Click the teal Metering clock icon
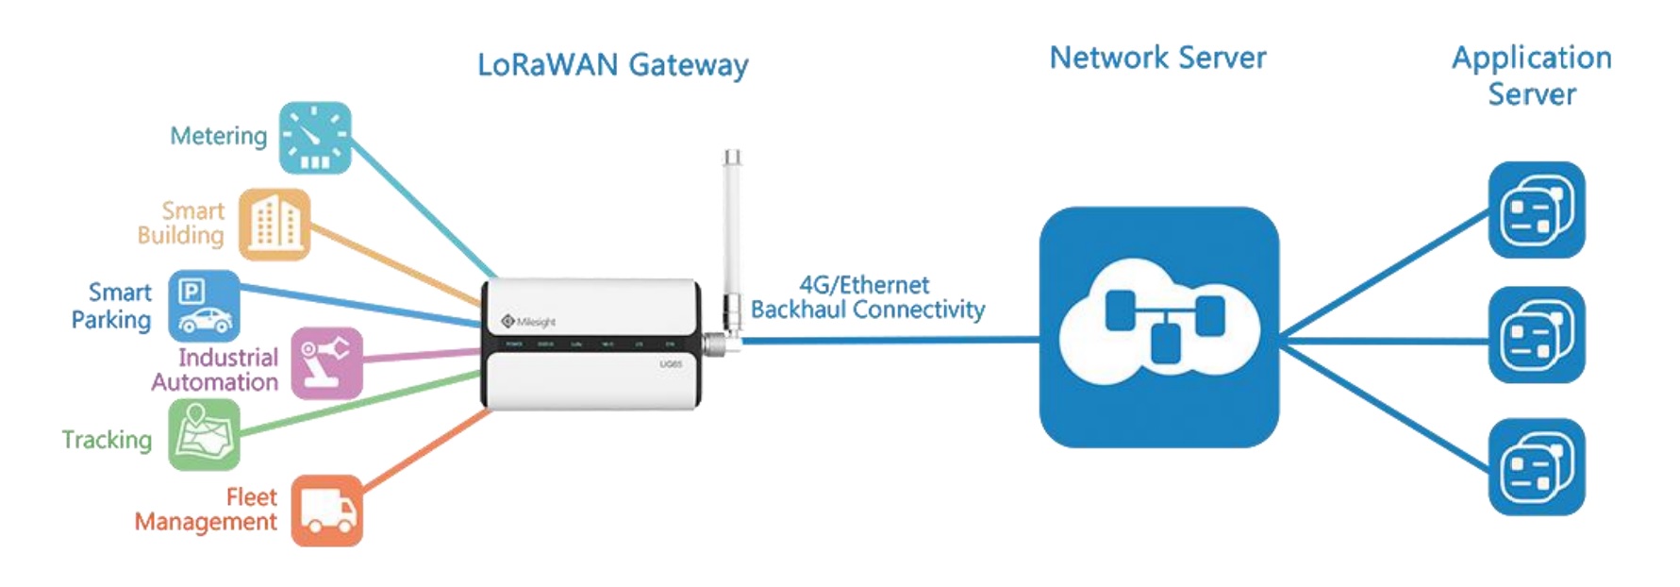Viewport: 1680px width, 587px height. (x=315, y=138)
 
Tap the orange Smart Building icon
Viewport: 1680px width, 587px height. (x=274, y=225)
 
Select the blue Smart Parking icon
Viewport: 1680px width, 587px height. (x=204, y=306)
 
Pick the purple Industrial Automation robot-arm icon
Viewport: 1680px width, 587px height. (x=326, y=363)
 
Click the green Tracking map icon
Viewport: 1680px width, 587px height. (x=204, y=435)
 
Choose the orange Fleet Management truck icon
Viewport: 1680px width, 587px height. (x=326, y=511)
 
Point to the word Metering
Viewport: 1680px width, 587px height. (x=218, y=136)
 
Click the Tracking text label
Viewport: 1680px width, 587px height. (x=107, y=440)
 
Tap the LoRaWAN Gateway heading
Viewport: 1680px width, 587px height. (x=612, y=65)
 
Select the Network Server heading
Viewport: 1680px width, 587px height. (x=1157, y=58)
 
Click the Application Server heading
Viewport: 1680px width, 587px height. (x=1531, y=75)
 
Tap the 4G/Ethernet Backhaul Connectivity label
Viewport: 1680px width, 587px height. (x=867, y=297)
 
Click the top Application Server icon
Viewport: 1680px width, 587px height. (x=1536, y=210)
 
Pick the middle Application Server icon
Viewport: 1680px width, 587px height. (x=1536, y=335)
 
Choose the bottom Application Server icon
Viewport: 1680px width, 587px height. (x=1536, y=467)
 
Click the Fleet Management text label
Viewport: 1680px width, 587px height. (x=206, y=510)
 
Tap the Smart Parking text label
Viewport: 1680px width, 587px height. (x=111, y=306)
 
